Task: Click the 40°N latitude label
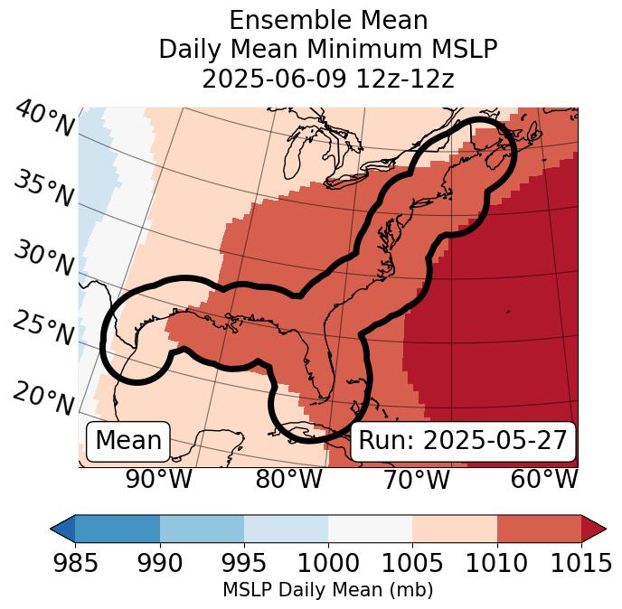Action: [x=44, y=120]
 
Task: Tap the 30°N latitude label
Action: [x=44, y=260]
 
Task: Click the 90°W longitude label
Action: [x=159, y=480]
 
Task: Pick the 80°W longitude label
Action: [x=288, y=480]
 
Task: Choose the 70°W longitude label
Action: [x=417, y=480]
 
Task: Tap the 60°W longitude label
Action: [x=544, y=480]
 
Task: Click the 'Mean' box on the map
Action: [x=128, y=441]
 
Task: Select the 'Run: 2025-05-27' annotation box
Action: [x=463, y=441]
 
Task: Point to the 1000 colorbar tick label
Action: [x=328, y=564]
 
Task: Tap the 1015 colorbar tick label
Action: [x=580, y=564]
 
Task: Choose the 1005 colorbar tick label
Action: [x=412, y=564]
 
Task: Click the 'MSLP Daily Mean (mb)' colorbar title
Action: [x=327, y=591]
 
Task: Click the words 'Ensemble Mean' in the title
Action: [x=327, y=20]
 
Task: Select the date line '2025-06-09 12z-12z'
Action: [x=327, y=79]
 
